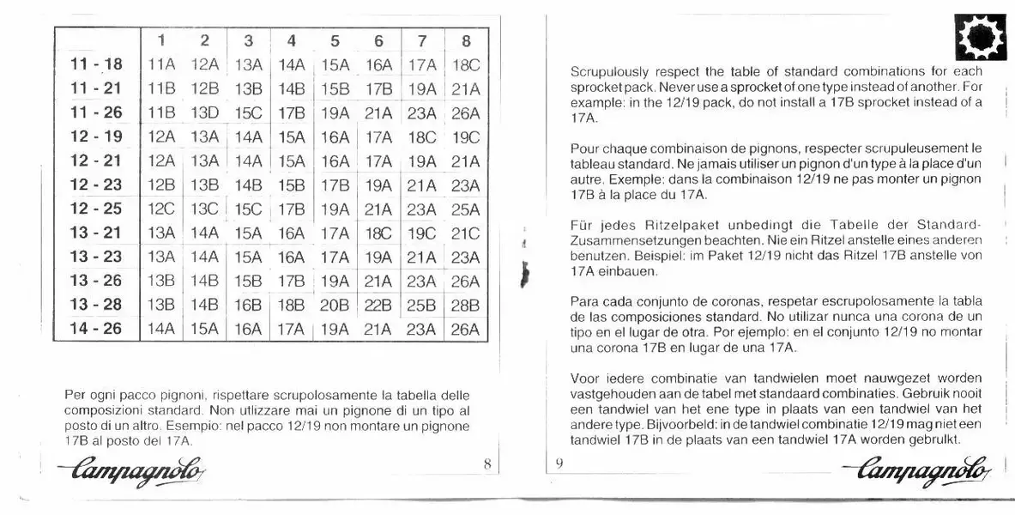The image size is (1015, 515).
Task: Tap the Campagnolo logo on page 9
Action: (x=919, y=469)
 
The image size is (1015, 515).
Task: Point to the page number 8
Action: (x=486, y=464)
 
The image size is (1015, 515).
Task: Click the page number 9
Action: (x=559, y=464)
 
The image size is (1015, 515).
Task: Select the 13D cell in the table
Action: (x=205, y=112)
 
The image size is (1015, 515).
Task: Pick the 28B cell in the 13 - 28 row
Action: (x=465, y=305)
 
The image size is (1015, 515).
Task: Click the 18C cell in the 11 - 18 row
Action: (x=465, y=64)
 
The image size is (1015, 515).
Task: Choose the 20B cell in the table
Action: (x=335, y=305)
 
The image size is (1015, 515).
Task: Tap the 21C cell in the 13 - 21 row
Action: (x=465, y=233)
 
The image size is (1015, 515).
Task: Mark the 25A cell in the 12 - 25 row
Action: (x=465, y=209)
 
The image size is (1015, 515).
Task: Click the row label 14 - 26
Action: (x=96, y=329)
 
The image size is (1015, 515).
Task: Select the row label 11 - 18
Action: (x=96, y=64)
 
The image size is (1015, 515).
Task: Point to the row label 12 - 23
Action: (x=96, y=185)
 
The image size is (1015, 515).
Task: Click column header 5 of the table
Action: (x=335, y=40)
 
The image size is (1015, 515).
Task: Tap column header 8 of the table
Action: (x=465, y=40)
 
